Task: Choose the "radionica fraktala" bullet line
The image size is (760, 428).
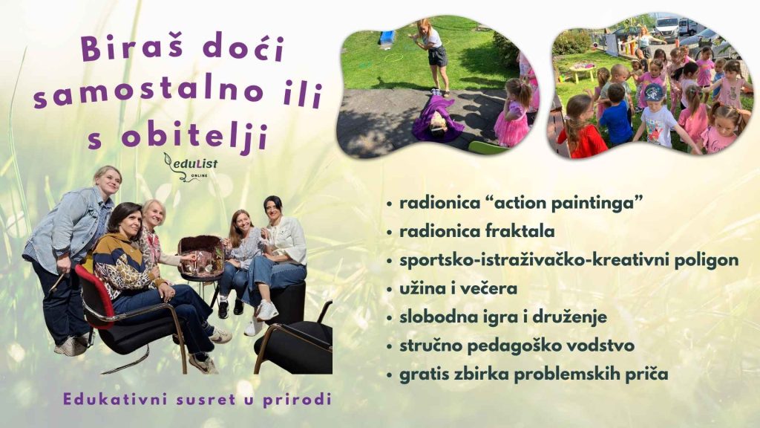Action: [476, 232]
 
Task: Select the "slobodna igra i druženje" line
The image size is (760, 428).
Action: [493, 317]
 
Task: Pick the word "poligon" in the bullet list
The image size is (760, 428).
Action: [710, 260]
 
